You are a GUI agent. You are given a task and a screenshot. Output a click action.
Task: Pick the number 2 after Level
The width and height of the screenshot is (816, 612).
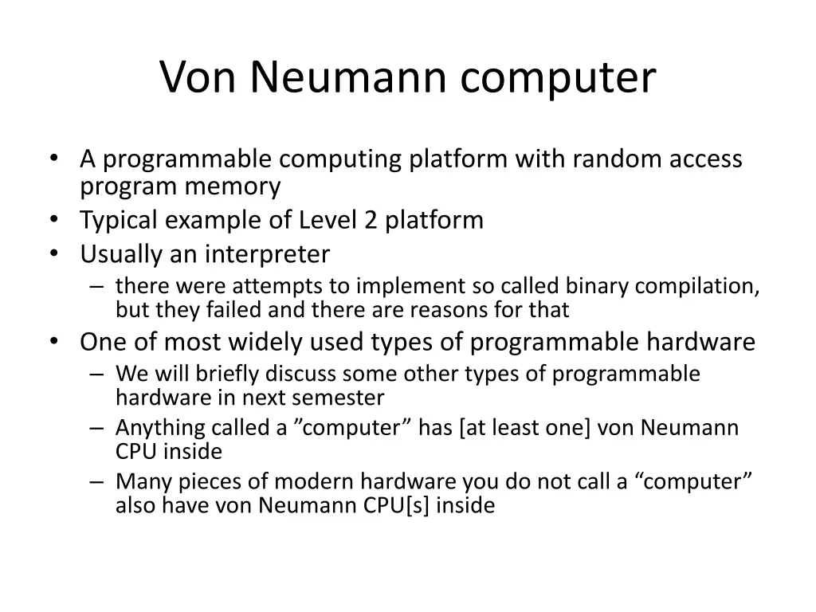371,220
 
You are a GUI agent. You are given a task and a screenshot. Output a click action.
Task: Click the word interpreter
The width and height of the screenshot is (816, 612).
268,254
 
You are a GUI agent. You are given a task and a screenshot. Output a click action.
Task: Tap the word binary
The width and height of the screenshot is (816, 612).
595,286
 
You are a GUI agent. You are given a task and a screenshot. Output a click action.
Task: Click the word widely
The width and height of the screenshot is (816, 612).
276,342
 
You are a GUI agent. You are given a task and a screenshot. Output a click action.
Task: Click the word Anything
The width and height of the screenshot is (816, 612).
160,429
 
